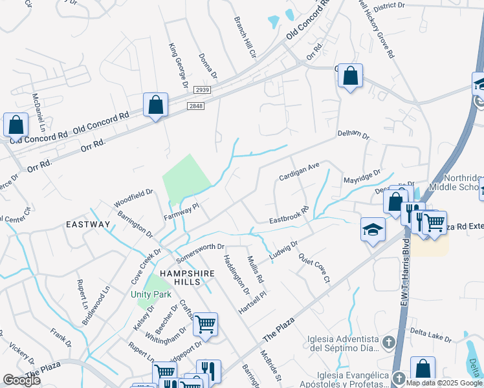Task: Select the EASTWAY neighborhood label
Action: point(88,224)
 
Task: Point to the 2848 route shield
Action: point(196,105)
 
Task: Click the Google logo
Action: point(22,380)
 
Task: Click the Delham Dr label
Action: point(353,136)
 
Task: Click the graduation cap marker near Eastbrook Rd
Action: point(373,230)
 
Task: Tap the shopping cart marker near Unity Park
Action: point(205,325)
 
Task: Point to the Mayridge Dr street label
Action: point(363,177)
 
